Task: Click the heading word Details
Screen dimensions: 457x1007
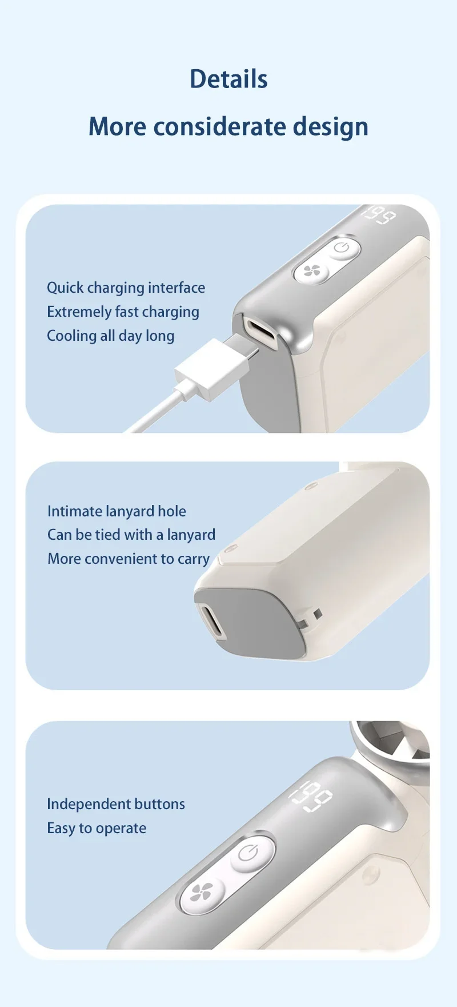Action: (x=228, y=79)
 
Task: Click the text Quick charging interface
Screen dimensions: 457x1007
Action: (x=126, y=288)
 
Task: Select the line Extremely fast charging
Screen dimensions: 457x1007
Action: (x=123, y=312)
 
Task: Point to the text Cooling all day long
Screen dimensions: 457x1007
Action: (x=111, y=336)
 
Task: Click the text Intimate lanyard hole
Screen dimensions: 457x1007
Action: (x=117, y=511)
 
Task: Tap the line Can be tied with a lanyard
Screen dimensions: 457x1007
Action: (x=131, y=535)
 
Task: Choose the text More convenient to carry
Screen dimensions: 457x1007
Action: (x=129, y=559)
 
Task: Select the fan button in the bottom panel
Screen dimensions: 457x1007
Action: (x=202, y=893)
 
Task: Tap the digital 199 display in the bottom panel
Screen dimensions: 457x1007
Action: (x=311, y=795)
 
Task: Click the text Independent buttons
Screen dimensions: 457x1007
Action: (x=116, y=804)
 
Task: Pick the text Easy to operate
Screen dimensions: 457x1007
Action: (x=97, y=828)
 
